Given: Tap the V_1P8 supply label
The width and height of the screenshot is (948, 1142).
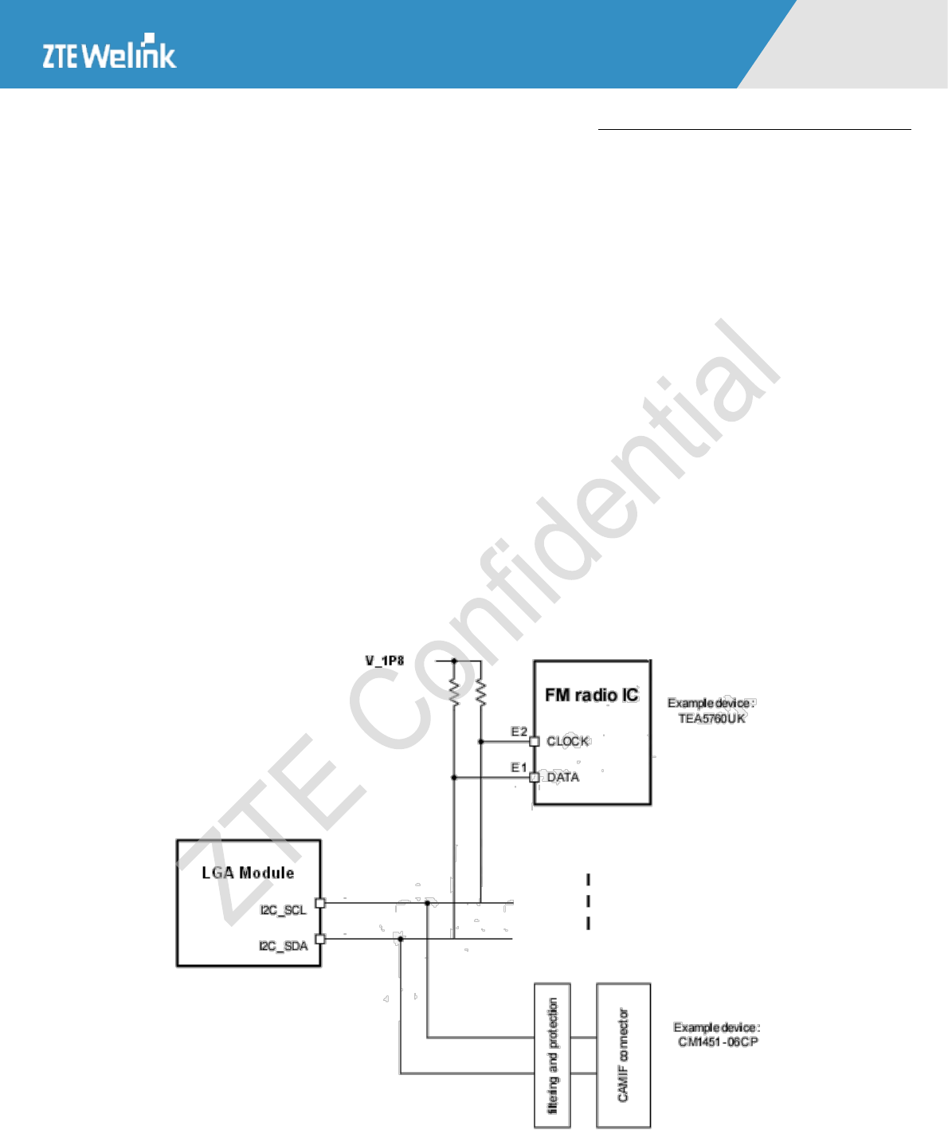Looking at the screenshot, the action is pyautogui.click(x=385, y=661).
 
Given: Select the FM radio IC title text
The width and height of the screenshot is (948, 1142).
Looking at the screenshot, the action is pyautogui.click(x=592, y=695).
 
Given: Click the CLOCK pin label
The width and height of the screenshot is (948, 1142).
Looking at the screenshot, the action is pyautogui.click(x=567, y=741).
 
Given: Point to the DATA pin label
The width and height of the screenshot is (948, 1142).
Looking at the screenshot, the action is pyautogui.click(x=562, y=777).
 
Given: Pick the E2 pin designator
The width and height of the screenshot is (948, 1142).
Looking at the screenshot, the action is pyautogui.click(x=519, y=732).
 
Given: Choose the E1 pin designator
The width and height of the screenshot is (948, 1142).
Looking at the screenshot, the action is pyautogui.click(x=519, y=767).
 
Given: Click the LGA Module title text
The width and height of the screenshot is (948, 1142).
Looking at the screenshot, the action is pyautogui.click(x=248, y=873).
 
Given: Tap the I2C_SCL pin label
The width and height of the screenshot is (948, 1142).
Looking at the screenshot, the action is pyautogui.click(x=283, y=910).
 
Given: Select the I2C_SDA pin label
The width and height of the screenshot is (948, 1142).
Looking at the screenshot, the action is pyautogui.click(x=283, y=946).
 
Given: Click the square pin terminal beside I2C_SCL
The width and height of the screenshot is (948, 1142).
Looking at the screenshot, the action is pyautogui.click(x=320, y=903).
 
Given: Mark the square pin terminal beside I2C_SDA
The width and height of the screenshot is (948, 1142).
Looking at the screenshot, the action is pyautogui.click(x=320, y=939).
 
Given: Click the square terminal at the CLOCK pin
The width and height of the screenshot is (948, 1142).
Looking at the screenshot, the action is pyautogui.click(x=535, y=741).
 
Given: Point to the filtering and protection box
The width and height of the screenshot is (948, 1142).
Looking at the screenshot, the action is pyautogui.click(x=552, y=1055).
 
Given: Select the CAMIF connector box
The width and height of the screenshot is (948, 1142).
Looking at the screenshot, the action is pyautogui.click(x=623, y=1055).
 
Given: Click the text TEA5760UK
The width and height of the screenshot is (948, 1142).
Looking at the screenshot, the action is pyautogui.click(x=711, y=718).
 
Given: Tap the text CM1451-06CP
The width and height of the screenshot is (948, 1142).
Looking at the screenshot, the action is pyautogui.click(x=718, y=1042).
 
